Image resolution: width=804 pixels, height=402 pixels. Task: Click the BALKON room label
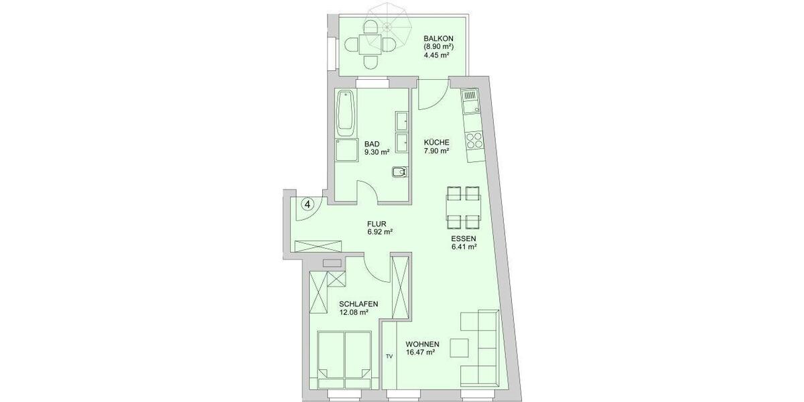(438, 38)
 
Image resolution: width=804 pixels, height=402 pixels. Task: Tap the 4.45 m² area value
(436, 56)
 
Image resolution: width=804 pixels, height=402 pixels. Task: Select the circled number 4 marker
(307, 204)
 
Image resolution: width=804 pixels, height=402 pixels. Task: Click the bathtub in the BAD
(346, 111)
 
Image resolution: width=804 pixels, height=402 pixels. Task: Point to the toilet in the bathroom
(399, 172)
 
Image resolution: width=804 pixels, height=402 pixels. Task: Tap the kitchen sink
(470, 103)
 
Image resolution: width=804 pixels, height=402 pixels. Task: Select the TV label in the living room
(389, 356)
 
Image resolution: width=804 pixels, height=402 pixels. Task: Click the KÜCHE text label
(436, 142)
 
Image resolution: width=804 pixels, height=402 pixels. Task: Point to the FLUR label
(379, 224)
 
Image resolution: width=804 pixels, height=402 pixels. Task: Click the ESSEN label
(464, 238)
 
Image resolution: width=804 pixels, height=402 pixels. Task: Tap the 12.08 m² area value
(354, 312)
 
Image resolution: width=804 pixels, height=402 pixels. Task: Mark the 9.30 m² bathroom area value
(377, 152)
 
